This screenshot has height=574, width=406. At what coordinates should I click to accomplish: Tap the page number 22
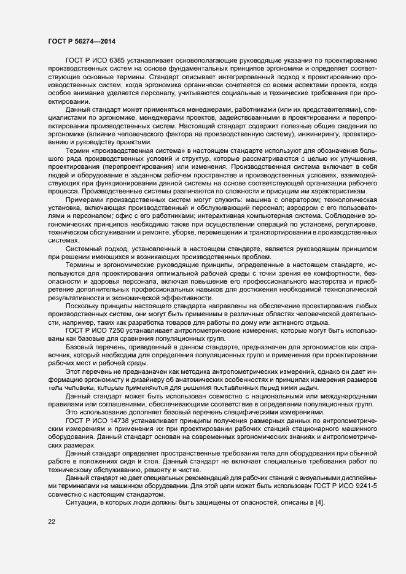click(51, 522)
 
